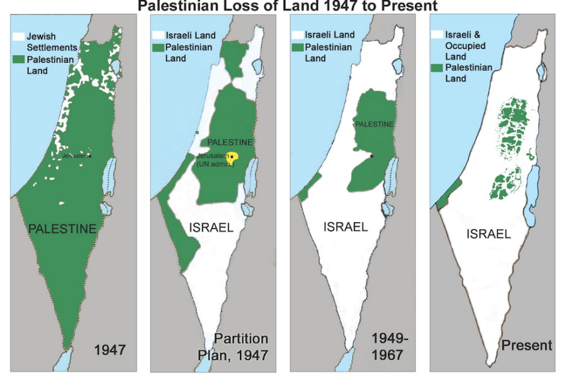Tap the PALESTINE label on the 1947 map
pos(62,229)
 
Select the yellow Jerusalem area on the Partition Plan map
pos(234,157)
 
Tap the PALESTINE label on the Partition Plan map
pos(230,142)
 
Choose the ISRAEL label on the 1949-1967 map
pos(345,227)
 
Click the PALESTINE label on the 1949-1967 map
pos(374,124)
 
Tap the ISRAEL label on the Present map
pos(489,234)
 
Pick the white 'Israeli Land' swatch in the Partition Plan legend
pos(157,35)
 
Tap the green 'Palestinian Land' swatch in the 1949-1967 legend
pos(297,47)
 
